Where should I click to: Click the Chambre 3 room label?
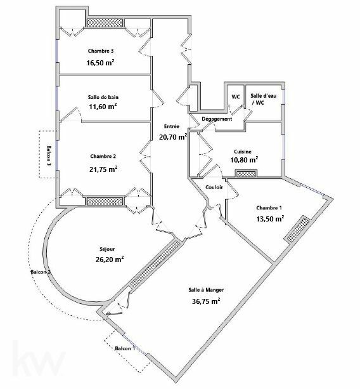click(x=101, y=51)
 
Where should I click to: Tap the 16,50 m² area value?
click(x=100, y=62)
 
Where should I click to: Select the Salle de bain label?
click(x=103, y=97)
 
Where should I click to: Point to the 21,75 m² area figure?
click(x=103, y=169)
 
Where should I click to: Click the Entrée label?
click(x=172, y=126)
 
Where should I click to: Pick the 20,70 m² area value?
click(x=173, y=136)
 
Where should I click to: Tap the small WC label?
click(x=236, y=96)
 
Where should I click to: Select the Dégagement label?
click(x=217, y=119)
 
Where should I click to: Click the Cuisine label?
click(x=243, y=151)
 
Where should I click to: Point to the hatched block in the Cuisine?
click(x=246, y=174)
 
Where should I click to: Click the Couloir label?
click(x=214, y=187)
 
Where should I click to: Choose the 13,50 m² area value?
click(x=270, y=218)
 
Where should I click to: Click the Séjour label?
click(x=107, y=249)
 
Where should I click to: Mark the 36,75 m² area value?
click(x=206, y=301)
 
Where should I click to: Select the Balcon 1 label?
click(x=125, y=348)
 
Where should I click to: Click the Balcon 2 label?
click(x=41, y=272)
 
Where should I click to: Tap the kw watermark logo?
click(x=39, y=359)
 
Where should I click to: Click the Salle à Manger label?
click(x=206, y=290)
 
